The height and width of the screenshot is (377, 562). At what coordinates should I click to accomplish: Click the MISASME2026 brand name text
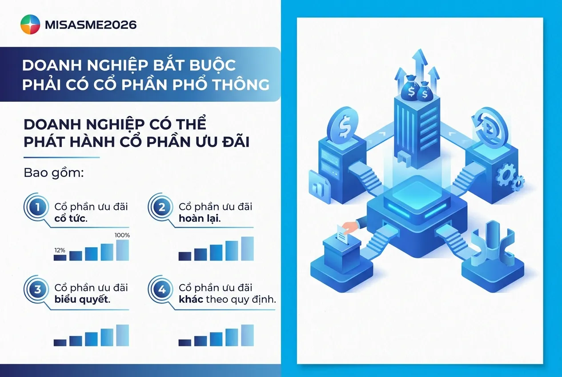pyautogui.click(x=91, y=24)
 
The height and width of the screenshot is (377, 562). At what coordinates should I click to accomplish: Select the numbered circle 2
pyautogui.click(x=162, y=207)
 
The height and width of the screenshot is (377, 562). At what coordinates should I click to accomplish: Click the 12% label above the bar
pyautogui.click(x=60, y=250)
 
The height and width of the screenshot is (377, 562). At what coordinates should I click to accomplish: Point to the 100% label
pyautogui.click(x=122, y=235)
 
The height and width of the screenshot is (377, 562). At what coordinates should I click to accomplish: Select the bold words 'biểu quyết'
pyautogui.click(x=82, y=300)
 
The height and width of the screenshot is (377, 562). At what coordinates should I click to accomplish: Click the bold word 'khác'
pyautogui.click(x=191, y=299)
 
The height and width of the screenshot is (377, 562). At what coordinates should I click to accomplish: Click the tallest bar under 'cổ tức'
pyautogui.click(x=122, y=250)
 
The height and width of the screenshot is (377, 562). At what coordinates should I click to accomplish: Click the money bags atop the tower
pyautogui.click(x=416, y=91)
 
